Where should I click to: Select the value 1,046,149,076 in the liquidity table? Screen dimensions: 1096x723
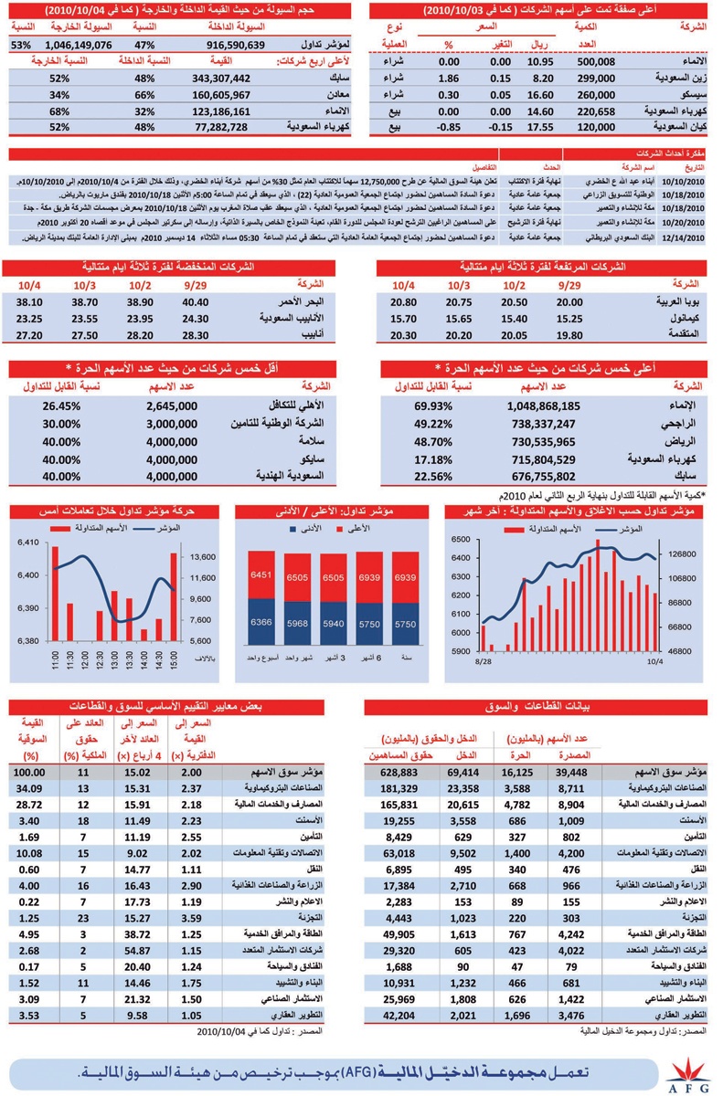(78, 44)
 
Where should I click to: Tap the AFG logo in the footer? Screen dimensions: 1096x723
(686, 1075)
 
